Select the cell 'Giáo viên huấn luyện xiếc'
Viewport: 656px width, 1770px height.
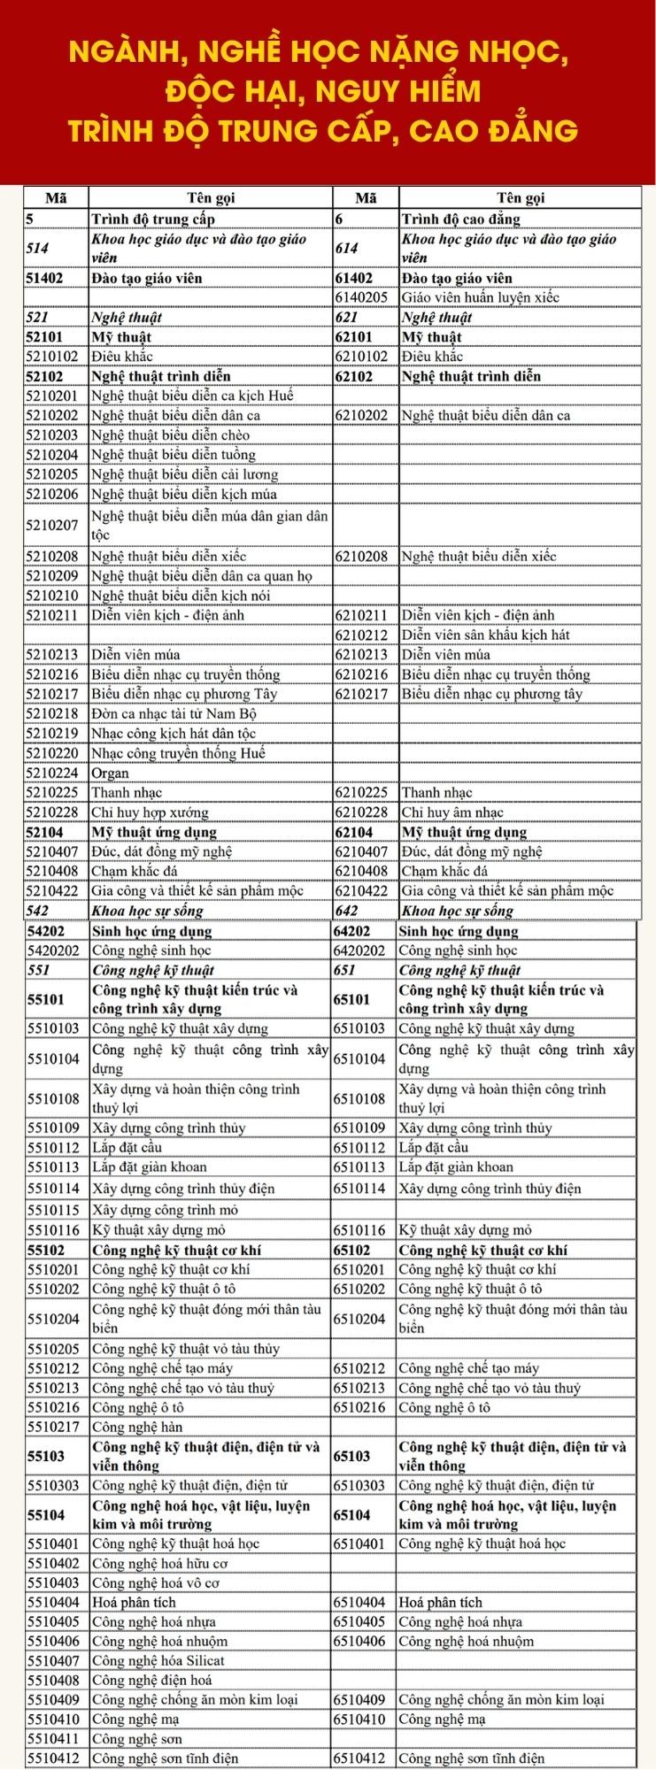[481, 297]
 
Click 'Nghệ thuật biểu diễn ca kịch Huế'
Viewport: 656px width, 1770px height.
[192, 396]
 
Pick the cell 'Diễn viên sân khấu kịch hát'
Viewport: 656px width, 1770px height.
[486, 635]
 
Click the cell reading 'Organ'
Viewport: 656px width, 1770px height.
[110, 773]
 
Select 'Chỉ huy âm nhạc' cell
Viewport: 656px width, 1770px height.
[452, 812]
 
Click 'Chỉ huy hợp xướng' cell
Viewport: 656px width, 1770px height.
[150, 812]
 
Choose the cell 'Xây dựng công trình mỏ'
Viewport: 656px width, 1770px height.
[165, 1210]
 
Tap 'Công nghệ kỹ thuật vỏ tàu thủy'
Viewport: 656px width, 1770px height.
[186, 1349]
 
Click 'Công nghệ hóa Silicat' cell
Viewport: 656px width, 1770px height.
[158, 1661]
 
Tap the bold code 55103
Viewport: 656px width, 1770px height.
[46, 1456]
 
